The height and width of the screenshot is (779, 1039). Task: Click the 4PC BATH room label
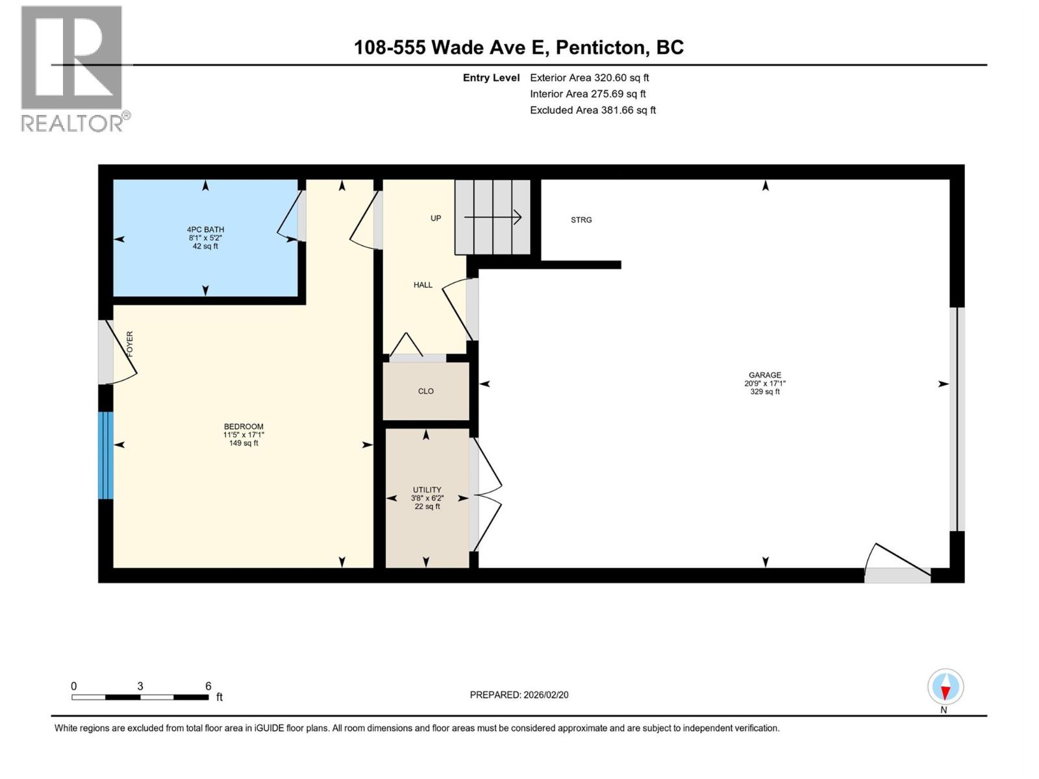click(205, 230)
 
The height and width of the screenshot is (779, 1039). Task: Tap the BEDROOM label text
click(244, 427)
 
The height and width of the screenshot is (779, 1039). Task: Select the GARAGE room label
click(765, 375)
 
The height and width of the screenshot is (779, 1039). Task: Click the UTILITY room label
click(427, 490)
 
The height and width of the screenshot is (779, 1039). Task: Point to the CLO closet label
click(426, 391)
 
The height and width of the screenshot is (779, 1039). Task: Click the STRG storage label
click(581, 220)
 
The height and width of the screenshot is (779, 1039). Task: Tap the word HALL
click(423, 285)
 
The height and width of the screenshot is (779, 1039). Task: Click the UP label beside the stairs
click(436, 218)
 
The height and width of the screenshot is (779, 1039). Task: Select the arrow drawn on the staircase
click(494, 217)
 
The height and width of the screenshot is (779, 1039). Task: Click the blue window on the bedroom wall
click(106, 455)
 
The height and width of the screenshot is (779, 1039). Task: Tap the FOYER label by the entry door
click(130, 343)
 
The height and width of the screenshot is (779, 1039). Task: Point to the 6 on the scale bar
click(208, 686)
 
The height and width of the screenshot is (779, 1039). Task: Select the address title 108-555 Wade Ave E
click(518, 47)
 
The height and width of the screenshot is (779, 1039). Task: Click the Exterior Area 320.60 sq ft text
click(589, 77)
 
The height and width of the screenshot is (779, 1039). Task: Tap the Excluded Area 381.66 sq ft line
click(592, 110)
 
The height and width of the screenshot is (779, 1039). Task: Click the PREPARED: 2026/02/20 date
click(519, 695)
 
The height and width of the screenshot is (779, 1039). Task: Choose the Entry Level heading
click(491, 78)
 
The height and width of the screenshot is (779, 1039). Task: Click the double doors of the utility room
click(487, 495)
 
